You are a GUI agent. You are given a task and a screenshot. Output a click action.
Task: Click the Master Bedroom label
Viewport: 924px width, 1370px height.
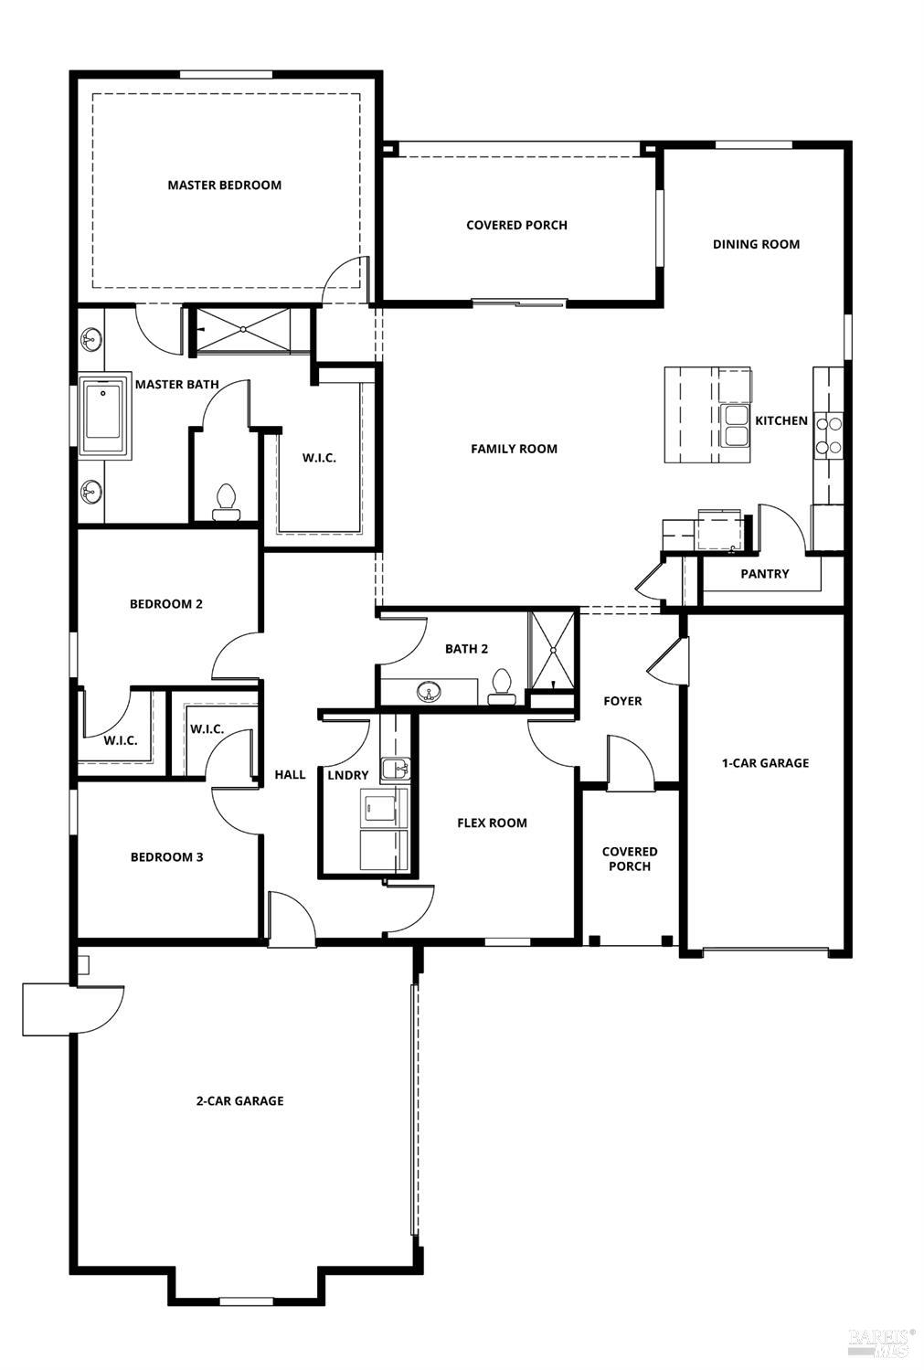tap(224, 185)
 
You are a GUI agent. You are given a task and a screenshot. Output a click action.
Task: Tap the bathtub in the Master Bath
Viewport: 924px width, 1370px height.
tap(105, 416)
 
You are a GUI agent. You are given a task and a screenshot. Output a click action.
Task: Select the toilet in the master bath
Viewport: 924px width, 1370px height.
tap(226, 501)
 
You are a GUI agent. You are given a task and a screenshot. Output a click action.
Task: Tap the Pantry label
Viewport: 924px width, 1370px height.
tap(764, 574)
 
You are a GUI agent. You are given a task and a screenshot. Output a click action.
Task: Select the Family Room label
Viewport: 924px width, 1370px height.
tap(514, 449)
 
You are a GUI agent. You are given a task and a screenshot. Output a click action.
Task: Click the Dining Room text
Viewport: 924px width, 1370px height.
tap(756, 244)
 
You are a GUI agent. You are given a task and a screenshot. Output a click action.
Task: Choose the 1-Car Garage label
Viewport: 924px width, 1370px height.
tap(765, 763)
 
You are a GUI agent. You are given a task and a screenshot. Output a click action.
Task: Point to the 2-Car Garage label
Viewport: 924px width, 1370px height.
tap(239, 1101)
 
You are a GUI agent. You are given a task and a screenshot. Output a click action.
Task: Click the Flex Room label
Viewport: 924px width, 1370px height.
tap(492, 823)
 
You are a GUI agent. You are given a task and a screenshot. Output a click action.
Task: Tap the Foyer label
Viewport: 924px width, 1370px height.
tap(622, 701)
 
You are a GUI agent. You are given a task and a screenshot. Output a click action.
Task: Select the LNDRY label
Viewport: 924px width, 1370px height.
tap(348, 775)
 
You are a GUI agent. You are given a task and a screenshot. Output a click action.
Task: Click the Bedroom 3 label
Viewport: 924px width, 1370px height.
tap(166, 857)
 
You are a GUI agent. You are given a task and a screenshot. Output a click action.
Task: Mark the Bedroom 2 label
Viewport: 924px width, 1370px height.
tap(165, 604)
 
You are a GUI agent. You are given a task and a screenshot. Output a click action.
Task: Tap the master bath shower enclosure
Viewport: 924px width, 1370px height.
tap(244, 329)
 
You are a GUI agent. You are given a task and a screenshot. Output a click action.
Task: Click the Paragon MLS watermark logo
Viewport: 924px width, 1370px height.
tap(881, 1341)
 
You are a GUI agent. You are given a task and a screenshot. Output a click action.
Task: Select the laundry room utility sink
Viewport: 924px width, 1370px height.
tap(395, 769)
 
